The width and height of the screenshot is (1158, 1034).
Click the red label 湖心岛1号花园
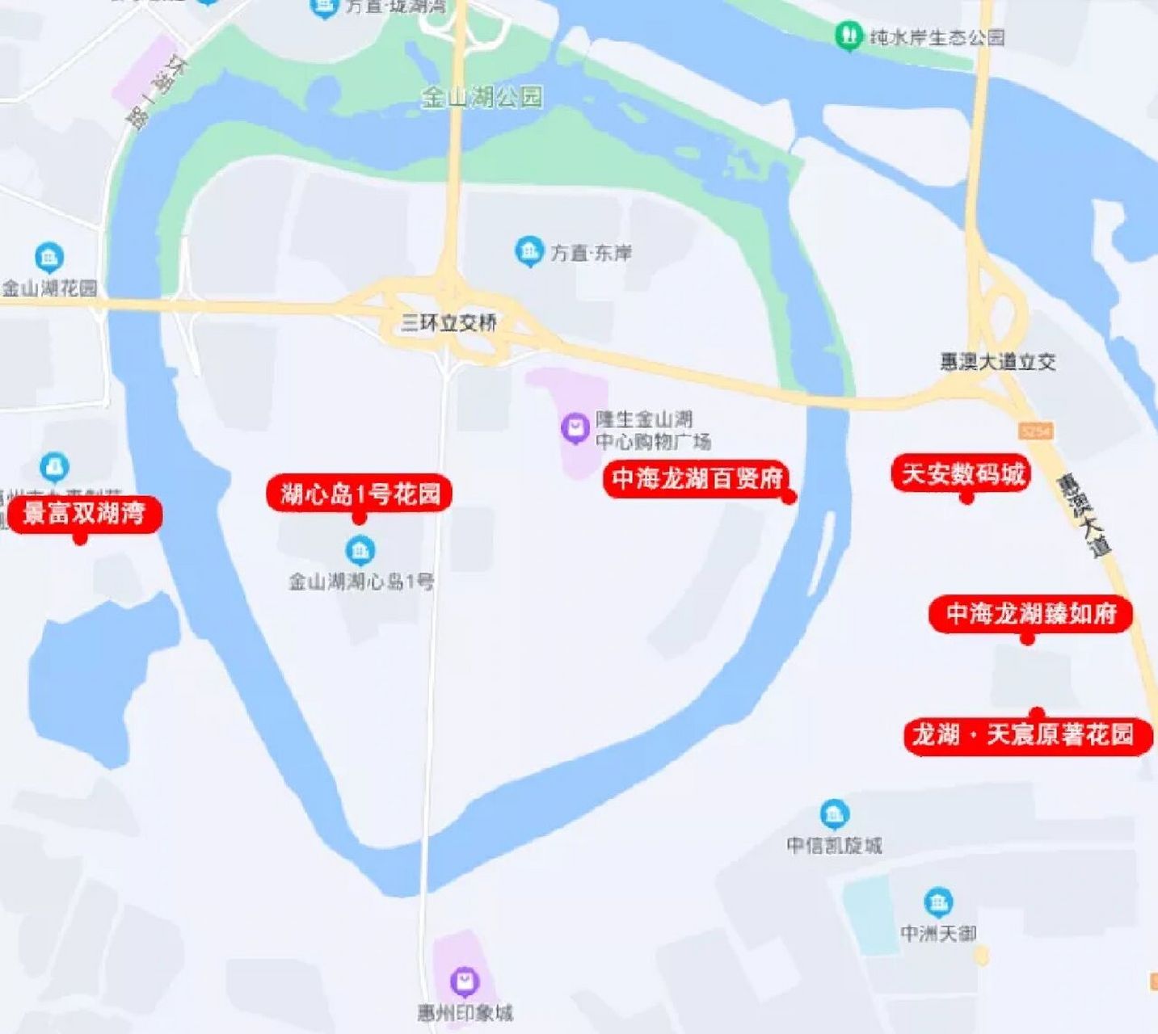360,494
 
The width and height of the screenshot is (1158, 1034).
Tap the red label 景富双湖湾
84,513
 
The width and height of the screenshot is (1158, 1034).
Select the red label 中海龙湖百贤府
697,478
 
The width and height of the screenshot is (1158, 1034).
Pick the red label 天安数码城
962,473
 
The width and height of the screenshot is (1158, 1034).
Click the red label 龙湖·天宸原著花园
1025,735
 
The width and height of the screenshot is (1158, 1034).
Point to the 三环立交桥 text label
448,323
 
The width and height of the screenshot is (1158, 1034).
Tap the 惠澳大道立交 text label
997,361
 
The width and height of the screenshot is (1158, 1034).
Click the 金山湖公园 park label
482,98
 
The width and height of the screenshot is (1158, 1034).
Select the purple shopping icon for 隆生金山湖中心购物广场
575,426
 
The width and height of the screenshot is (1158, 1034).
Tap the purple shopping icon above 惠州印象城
465,981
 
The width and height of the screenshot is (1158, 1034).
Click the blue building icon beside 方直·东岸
528,251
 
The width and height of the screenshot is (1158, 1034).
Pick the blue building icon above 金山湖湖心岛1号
360,551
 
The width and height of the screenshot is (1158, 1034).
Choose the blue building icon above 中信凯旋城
834,814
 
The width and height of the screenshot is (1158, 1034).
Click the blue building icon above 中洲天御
937,902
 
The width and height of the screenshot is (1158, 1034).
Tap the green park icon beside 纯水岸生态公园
848,36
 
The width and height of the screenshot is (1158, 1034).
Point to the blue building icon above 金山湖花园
49,258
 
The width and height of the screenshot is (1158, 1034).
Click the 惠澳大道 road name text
1084,515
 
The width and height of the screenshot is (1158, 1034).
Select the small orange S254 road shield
1035,431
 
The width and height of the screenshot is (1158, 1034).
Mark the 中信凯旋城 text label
834,845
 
